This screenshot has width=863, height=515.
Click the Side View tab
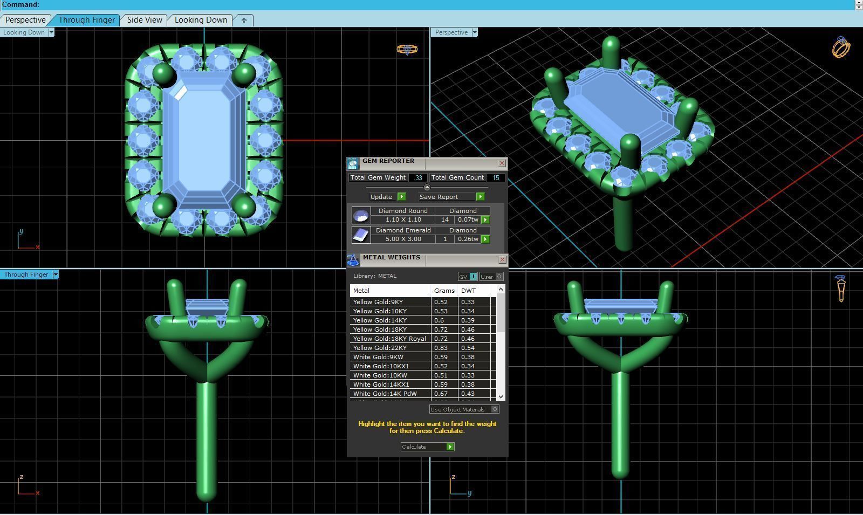145,20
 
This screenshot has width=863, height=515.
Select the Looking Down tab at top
201,20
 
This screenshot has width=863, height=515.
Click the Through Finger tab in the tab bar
86,20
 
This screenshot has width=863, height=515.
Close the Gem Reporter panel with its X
502,163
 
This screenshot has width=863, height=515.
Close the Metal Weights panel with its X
502,259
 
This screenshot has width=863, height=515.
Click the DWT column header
468,291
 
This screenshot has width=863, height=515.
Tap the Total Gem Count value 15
495,177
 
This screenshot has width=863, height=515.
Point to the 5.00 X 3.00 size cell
403,239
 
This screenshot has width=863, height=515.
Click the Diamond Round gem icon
361,216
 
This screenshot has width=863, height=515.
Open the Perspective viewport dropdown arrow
475,32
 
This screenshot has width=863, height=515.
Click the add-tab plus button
244,20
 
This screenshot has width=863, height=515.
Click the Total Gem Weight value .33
418,177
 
